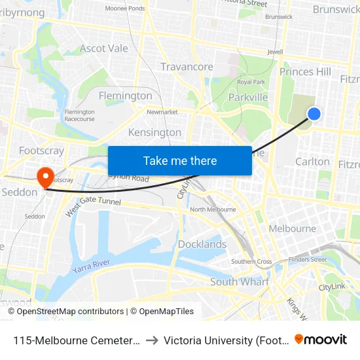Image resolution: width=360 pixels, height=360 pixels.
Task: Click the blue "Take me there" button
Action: pyautogui.click(x=180, y=160)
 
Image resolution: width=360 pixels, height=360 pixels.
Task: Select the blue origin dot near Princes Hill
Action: pyautogui.click(x=314, y=114)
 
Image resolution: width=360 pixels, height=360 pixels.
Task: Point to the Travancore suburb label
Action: pyautogui.click(x=187, y=67)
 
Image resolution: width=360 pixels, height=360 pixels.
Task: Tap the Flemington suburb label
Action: pyautogui.click(x=125, y=96)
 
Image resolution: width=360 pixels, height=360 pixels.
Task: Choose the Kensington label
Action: pyautogui.click(x=154, y=132)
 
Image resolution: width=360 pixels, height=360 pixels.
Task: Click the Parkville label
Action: pyautogui.click(x=248, y=98)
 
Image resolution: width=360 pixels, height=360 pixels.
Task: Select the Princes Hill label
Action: pyautogui.click(x=305, y=71)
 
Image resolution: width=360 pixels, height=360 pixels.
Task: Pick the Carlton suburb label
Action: pyautogui.click(x=312, y=161)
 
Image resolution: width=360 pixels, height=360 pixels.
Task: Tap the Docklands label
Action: pyautogui.click(x=202, y=244)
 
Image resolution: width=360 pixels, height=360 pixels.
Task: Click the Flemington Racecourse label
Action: pyautogui.click(x=79, y=115)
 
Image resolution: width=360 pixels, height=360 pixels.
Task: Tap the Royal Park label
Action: pyautogui.click(x=251, y=82)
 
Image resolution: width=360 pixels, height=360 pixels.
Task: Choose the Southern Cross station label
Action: pyautogui.click(x=251, y=262)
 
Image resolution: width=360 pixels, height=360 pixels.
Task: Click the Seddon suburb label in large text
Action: pyautogui.click(x=15, y=192)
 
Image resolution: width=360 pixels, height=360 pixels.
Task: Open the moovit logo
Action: pyautogui.click(x=320, y=339)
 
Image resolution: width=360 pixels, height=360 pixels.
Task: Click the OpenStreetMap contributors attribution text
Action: pyautogui.click(x=70, y=312)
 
